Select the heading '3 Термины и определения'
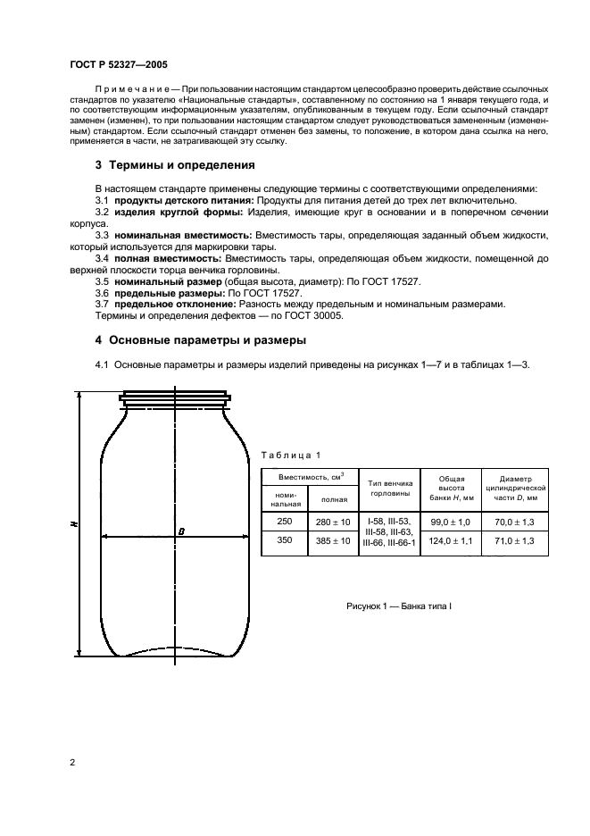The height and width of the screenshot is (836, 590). pyautogui.click(x=175, y=165)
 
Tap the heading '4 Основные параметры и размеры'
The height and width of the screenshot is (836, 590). pyautogui.click(x=201, y=340)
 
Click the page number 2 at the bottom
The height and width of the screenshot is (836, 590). pyautogui.click(x=71, y=762)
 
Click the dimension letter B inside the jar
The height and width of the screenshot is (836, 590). pyautogui.click(x=181, y=531)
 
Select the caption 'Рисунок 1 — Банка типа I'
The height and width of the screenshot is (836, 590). pyautogui.click(x=399, y=606)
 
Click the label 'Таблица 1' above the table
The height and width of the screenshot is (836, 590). pyautogui.click(x=287, y=456)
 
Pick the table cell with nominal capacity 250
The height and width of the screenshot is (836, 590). pyautogui.click(x=284, y=521)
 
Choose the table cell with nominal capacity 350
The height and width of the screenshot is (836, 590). pyautogui.click(x=284, y=540)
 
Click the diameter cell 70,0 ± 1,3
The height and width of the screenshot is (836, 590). pyautogui.click(x=515, y=521)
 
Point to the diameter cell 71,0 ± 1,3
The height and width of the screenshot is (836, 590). pyautogui.click(x=515, y=540)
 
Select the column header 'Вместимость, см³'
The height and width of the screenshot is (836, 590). pyautogui.click(x=309, y=478)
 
